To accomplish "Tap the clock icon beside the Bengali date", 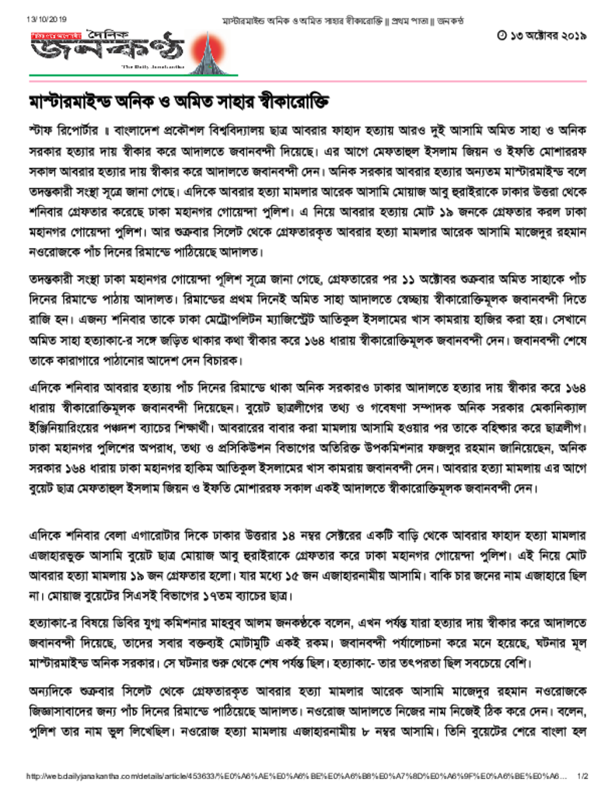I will (x=501, y=35).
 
